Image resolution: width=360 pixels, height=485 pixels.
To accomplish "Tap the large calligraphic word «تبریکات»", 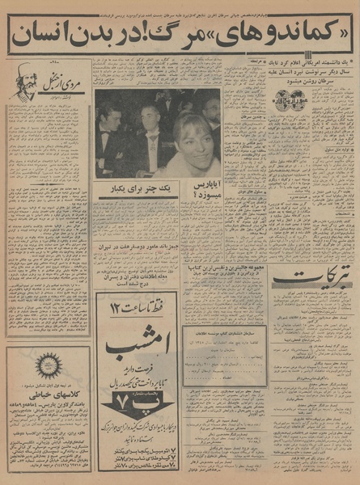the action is coord(311,280).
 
